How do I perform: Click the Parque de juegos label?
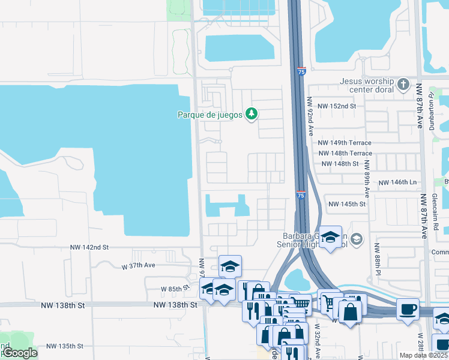tap(209, 114)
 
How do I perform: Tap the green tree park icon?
tap(252, 113)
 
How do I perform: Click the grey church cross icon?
tap(403, 84)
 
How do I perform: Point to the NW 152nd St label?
tap(337, 106)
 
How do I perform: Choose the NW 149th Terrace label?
tap(345, 143)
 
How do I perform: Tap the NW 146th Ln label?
tap(397, 182)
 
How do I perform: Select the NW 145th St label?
tap(347, 204)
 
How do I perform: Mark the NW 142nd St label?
tap(89, 247)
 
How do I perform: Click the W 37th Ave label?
tap(139, 265)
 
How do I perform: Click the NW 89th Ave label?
tap(367, 182)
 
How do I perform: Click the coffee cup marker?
tap(408, 310)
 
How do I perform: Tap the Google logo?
tap(19, 353)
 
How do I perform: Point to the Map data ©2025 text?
tap(423, 355)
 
